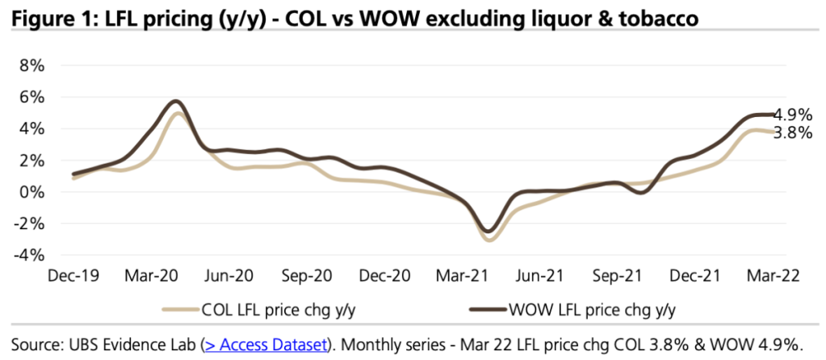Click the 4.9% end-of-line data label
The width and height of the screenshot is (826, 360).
[x=793, y=115]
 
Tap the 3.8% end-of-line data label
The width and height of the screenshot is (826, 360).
[x=793, y=133]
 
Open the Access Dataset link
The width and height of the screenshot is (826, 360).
[x=266, y=344]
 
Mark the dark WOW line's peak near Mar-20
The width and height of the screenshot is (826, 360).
[x=176, y=102]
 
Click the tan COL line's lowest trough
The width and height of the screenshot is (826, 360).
[x=489, y=240]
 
